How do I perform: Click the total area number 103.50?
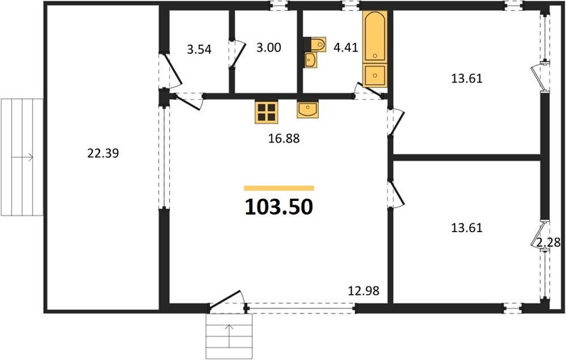(x=278, y=207)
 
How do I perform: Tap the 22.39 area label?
(x=103, y=154)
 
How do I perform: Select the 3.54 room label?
(x=199, y=49)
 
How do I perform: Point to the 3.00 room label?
(x=268, y=47)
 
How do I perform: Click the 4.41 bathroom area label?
(x=346, y=47)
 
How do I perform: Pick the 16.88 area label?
(x=284, y=138)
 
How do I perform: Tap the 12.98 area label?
(x=364, y=290)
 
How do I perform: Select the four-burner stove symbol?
(x=266, y=112)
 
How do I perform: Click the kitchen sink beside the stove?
(x=307, y=110)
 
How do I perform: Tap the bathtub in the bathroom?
(x=375, y=36)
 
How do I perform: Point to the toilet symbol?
(x=316, y=44)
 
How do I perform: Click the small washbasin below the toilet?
(x=310, y=60)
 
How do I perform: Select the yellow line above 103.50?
(x=279, y=188)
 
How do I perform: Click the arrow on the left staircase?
(x=22, y=157)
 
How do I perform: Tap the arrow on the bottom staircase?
(x=229, y=335)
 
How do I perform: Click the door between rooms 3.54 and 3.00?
(x=238, y=54)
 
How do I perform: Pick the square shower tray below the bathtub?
(x=375, y=75)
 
